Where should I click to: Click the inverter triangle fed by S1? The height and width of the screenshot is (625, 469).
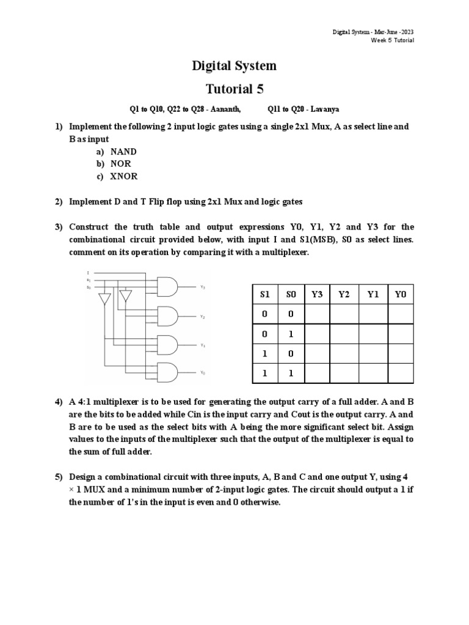click(x=105, y=298)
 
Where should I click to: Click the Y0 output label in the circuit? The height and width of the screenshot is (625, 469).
click(x=202, y=372)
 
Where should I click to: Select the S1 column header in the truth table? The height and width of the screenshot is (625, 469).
click(x=264, y=294)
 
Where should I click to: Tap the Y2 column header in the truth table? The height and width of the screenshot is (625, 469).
click(x=343, y=294)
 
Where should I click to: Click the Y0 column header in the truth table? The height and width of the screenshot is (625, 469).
click(x=400, y=294)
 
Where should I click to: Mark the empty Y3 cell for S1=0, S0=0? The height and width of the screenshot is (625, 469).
click(x=317, y=314)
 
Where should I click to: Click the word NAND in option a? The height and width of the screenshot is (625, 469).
click(x=123, y=151)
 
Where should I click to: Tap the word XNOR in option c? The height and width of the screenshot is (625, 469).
click(x=123, y=176)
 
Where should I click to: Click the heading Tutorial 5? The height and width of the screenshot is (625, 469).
click(x=234, y=89)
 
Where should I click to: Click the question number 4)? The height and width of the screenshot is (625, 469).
click(x=59, y=402)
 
